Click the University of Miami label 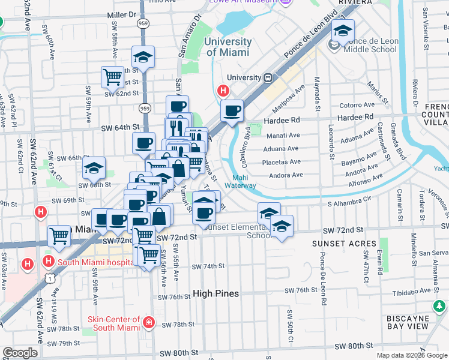tap(228, 47)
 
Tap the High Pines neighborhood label tap(216, 294)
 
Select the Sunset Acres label tap(344, 244)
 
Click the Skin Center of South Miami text tap(114, 324)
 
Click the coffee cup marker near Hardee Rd tap(232, 110)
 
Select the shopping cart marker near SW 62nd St tap(112, 76)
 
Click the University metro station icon tap(268, 77)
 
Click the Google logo tap(20, 353)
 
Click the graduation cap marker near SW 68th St tap(94, 167)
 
